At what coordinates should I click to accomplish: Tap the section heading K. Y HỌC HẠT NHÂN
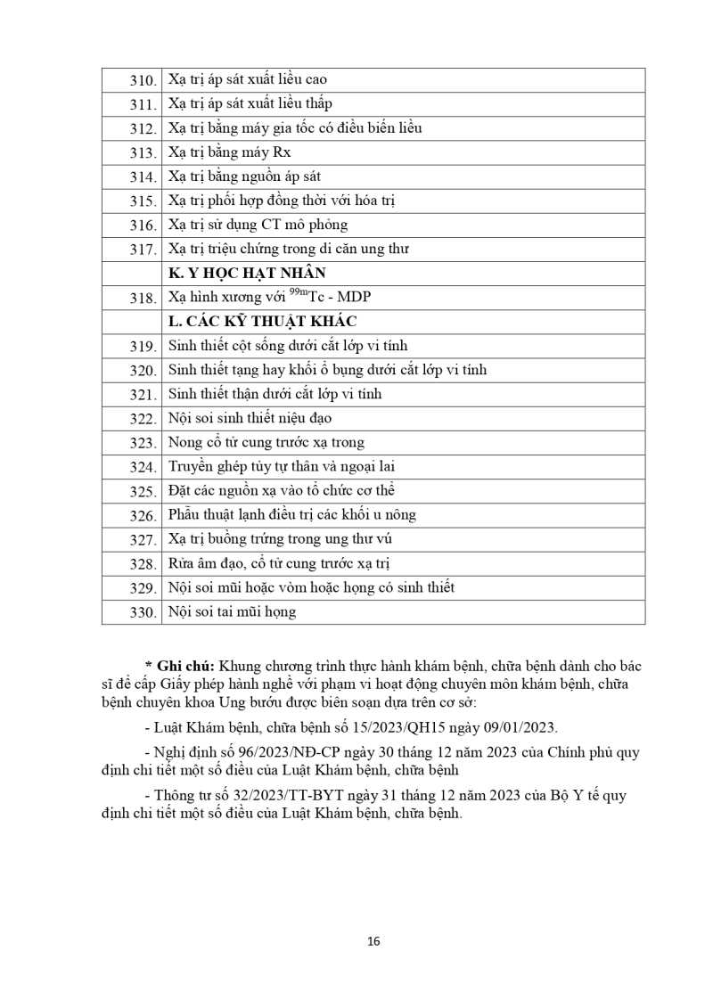(241, 274)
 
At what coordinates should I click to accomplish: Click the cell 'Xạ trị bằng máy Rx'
(229, 152)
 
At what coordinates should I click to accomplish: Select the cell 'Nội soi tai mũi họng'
(232, 612)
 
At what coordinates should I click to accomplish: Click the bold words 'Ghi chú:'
(183, 666)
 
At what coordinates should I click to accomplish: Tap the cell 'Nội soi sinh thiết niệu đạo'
(250, 418)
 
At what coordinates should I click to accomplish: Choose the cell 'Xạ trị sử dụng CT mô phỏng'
(258, 225)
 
